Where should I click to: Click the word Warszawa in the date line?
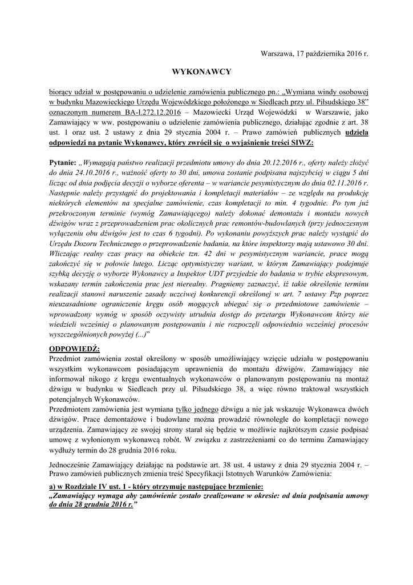click(x=277, y=53)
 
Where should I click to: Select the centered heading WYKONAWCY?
click(x=201, y=71)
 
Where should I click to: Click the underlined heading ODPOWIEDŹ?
click(x=75, y=348)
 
